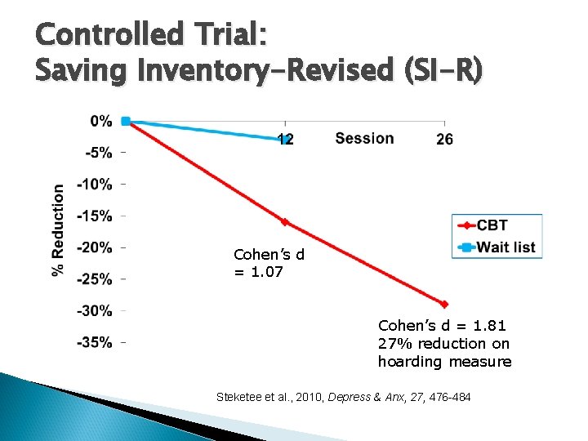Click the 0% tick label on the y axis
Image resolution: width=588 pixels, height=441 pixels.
(x=101, y=121)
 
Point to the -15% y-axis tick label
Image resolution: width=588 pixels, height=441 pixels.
(x=96, y=216)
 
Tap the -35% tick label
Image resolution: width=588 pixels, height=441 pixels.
(x=96, y=342)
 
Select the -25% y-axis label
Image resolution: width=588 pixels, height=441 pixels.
(x=96, y=279)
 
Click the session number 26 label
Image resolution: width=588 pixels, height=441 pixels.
(x=444, y=140)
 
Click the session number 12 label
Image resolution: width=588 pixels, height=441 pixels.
(x=285, y=140)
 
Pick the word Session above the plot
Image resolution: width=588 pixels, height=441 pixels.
(x=364, y=138)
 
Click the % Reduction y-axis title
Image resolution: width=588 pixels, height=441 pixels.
(x=58, y=229)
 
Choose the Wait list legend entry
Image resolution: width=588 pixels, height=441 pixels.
(x=506, y=247)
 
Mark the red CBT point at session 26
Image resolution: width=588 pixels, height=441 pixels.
(x=445, y=304)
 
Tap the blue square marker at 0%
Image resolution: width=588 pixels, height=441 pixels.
(x=126, y=121)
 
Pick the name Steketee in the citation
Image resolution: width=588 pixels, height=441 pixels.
(x=242, y=397)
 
